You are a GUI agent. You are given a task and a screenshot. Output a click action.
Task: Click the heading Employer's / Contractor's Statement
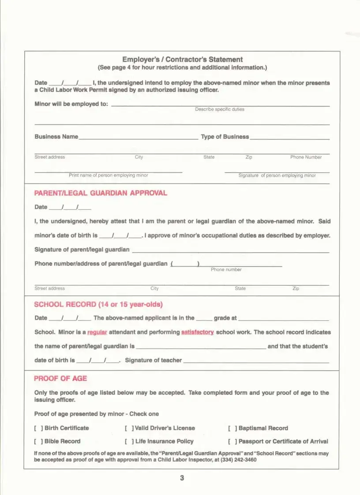tap(182, 60)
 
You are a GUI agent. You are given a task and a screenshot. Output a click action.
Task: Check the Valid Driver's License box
tap(129, 428)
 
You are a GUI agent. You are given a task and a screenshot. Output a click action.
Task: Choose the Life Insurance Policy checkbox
tap(129, 441)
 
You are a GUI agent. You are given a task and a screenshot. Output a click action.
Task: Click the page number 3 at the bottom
tap(182, 478)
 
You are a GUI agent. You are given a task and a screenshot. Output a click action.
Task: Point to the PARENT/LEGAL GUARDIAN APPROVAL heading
tap(101, 193)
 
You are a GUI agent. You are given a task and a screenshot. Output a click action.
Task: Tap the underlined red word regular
tap(97, 332)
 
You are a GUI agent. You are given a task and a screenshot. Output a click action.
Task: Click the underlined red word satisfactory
tap(197, 332)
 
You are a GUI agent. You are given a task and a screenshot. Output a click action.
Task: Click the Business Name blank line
tap(138, 138)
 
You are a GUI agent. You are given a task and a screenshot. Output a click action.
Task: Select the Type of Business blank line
tap(289, 138)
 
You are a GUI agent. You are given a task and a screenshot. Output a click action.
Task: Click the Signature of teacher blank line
tap(256, 361)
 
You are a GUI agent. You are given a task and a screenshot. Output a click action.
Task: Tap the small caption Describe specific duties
tap(220, 109)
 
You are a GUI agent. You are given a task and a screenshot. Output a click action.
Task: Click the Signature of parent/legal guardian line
tap(230, 251)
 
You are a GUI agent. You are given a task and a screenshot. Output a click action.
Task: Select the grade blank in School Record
tap(204, 319)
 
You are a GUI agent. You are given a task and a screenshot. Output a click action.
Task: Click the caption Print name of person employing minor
tap(109, 175)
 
